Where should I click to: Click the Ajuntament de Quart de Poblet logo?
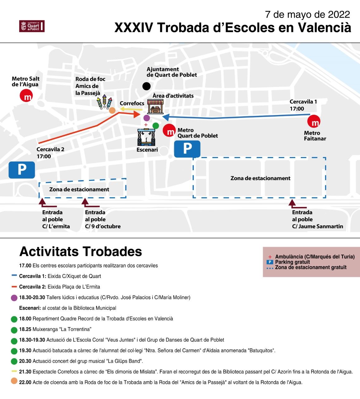click(32, 26)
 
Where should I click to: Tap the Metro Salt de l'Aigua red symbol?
click(26, 96)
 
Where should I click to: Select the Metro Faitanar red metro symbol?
click(314, 122)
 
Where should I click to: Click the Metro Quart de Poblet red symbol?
click(169, 130)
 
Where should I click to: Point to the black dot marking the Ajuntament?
click(146, 86)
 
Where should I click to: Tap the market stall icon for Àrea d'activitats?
click(155, 107)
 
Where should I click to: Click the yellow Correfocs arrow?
click(131, 109)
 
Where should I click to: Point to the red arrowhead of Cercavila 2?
click(136, 114)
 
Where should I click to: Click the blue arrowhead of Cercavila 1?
click(166, 117)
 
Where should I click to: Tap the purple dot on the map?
click(147, 118)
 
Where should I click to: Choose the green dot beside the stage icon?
click(156, 126)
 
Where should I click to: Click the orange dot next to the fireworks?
click(112, 110)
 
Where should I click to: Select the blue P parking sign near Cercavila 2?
click(22, 170)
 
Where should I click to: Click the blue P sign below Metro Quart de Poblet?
click(187, 149)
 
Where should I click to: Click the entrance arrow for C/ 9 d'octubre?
click(85, 203)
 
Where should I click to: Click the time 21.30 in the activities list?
click(25, 372)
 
